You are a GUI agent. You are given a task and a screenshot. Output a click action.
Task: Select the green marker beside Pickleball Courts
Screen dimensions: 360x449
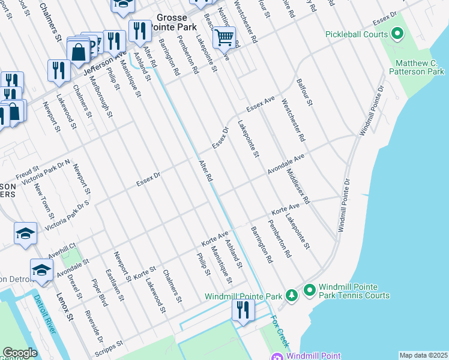tap(397, 34)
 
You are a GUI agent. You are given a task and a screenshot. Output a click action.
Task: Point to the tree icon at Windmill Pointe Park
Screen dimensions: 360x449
tap(291, 295)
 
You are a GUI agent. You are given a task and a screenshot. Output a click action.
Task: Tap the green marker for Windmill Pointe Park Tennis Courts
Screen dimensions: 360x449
tap(310, 291)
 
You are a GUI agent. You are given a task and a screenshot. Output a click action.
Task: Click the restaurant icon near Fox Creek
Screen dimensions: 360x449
tap(243, 310)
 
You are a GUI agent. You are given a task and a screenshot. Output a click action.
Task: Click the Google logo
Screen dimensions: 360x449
tap(20, 353)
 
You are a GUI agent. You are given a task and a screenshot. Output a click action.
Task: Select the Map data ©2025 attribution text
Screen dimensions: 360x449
tap(423, 355)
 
